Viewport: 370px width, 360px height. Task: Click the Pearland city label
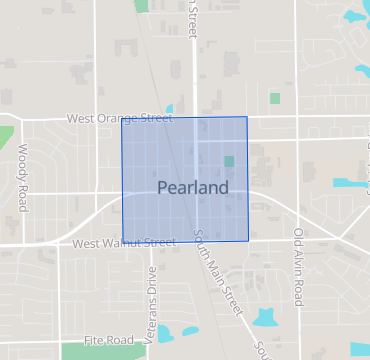tap(193, 188)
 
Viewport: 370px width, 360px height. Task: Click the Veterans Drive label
tap(151, 305)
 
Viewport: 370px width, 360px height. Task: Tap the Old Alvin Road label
tap(298, 265)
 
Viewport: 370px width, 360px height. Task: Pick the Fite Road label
tap(109, 340)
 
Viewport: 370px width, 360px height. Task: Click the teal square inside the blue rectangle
tap(229, 161)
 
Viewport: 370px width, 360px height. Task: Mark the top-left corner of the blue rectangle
tap(122, 119)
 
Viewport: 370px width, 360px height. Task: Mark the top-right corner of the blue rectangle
tap(247, 117)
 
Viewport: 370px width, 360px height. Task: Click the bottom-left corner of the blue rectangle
tap(122, 241)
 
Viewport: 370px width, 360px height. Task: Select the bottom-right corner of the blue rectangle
tap(249, 240)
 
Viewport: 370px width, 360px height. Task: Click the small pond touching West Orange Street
tap(169, 109)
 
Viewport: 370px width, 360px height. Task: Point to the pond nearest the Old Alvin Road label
tap(266, 318)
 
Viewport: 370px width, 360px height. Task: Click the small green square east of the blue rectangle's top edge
tap(275, 98)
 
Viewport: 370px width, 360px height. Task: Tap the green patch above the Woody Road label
tap(6, 137)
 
